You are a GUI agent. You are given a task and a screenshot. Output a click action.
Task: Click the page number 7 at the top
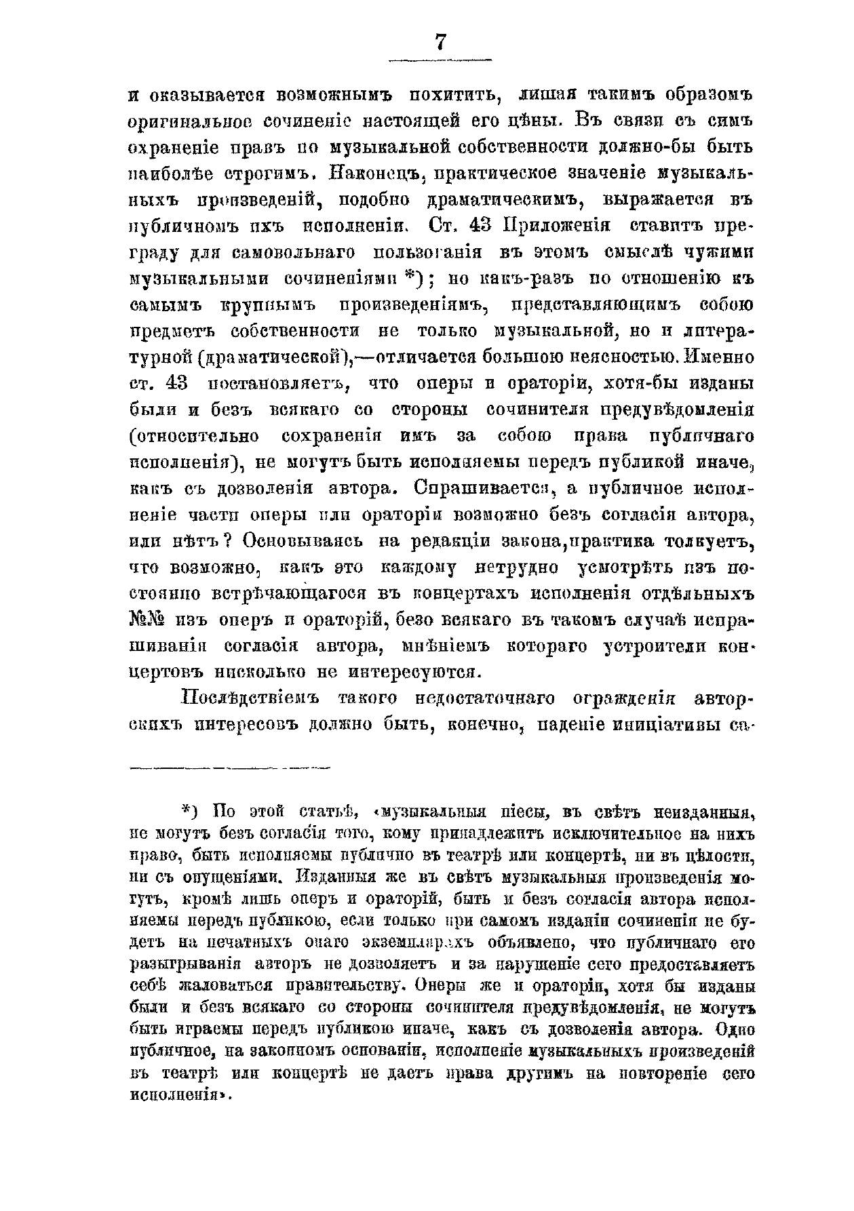tap(440, 42)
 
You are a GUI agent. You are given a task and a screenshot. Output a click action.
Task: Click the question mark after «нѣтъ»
tap(229, 540)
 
